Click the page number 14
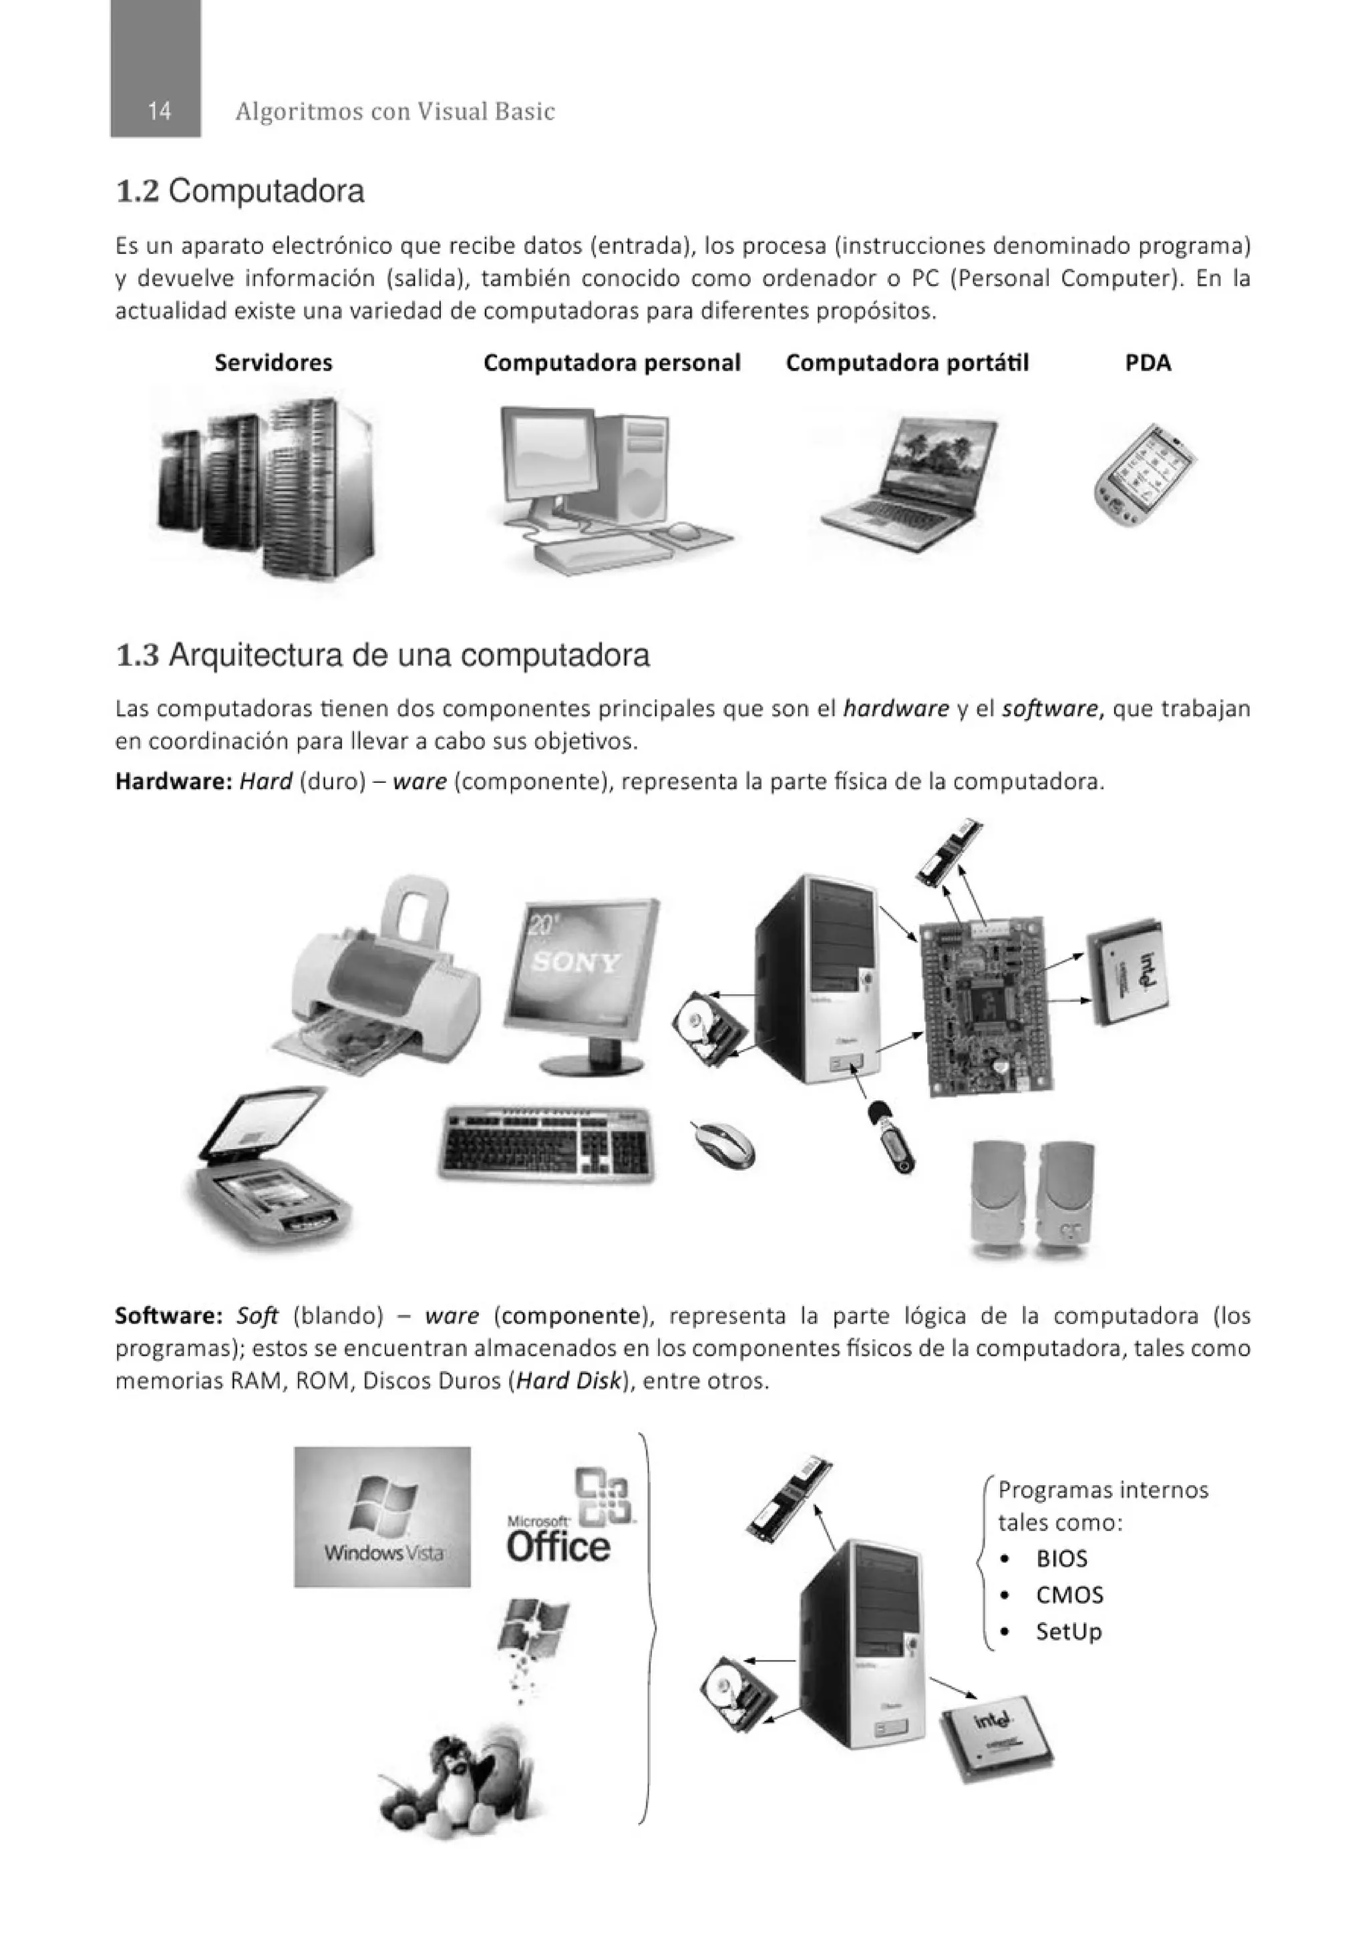click(158, 111)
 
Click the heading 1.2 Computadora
click(240, 191)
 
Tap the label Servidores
click(273, 363)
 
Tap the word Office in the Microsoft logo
click(558, 1545)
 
